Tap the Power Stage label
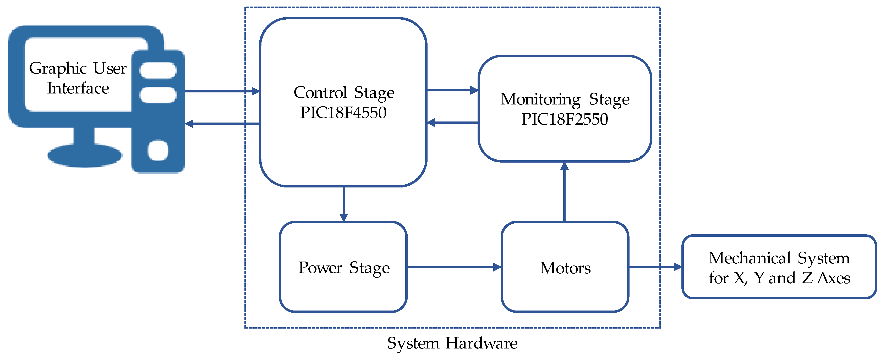[x=344, y=268]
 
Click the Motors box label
[x=565, y=268]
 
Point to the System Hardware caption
[x=452, y=343]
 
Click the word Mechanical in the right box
[x=750, y=258]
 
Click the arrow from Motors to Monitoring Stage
[x=564, y=192]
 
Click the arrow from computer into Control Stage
[x=222, y=91]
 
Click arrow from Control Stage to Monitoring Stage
[x=452, y=90]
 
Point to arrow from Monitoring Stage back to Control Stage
[x=452, y=123]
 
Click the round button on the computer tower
[x=158, y=150]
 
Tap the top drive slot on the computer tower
[x=158, y=70]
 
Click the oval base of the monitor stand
[x=85, y=156]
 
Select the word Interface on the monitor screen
[x=78, y=88]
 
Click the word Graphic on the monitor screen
[x=58, y=68]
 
